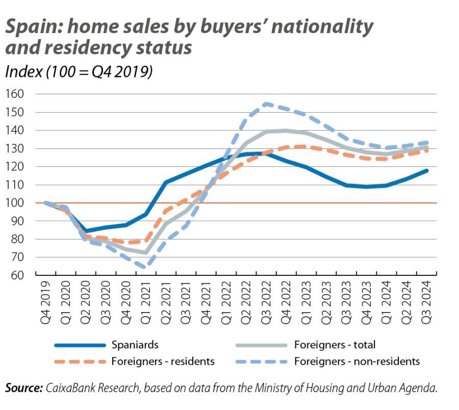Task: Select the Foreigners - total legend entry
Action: click(335, 345)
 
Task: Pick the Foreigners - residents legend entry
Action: click(163, 362)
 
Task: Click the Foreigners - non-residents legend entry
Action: click(356, 362)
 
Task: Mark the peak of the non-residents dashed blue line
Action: click(266, 104)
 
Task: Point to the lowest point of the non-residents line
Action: click(146, 267)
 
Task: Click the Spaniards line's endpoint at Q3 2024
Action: click(427, 170)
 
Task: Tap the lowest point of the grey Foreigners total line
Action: click(146, 252)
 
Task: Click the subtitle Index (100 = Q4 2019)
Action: click(79, 72)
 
